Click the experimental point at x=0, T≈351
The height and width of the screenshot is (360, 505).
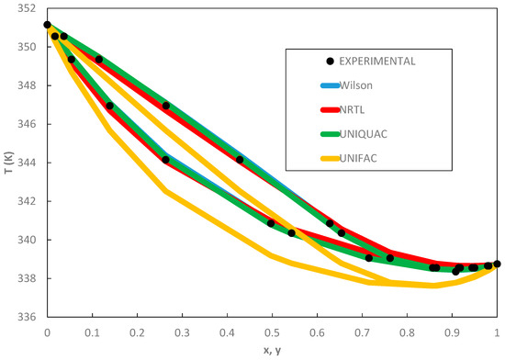[47, 25]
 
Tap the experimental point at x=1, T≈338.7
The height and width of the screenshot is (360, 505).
[497, 264]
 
